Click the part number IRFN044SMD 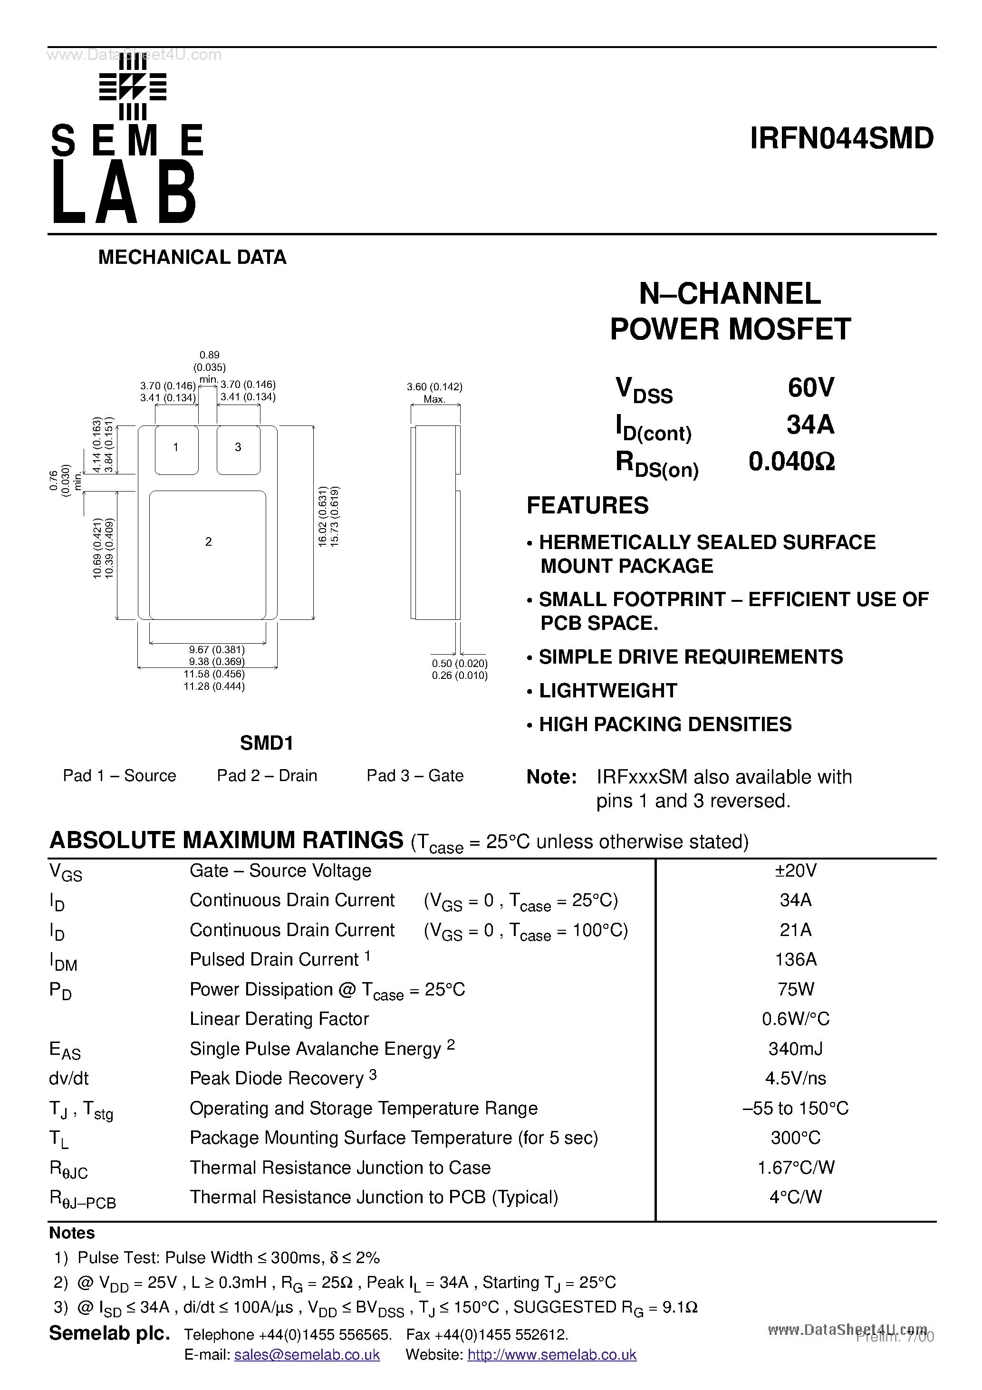click(841, 139)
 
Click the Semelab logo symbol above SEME click(133, 88)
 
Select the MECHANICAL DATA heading click(192, 257)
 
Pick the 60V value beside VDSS click(811, 387)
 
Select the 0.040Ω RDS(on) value click(791, 462)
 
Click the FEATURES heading click(587, 505)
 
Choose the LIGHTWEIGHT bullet click(607, 691)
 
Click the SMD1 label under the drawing click(266, 743)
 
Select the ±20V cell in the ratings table click(796, 870)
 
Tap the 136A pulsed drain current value click(796, 960)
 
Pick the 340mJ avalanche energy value click(796, 1049)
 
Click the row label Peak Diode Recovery click(277, 1078)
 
